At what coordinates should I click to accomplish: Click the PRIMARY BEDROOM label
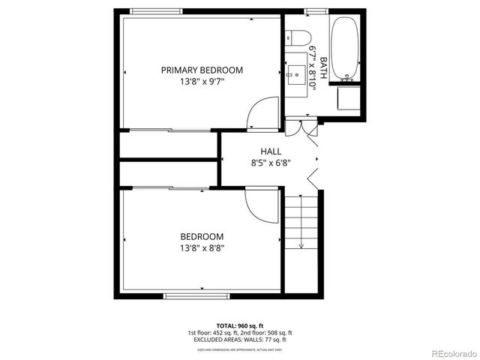tap(202, 70)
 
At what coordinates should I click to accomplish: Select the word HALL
tap(271, 151)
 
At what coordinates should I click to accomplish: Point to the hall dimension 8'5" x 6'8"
tap(271, 161)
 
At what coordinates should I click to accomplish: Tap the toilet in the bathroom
tap(298, 35)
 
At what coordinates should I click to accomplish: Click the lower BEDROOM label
tap(202, 237)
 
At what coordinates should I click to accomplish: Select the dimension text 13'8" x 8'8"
tap(202, 247)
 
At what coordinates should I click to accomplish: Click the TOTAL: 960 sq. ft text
tap(239, 325)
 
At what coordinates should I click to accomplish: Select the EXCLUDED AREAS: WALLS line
tap(239, 340)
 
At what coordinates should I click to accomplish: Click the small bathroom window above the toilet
tap(315, 10)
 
